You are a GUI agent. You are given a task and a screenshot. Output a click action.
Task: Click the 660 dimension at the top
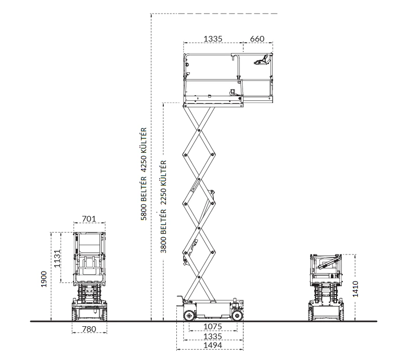click(x=257, y=39)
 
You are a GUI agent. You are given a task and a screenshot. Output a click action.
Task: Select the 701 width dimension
click(x=89, y=218)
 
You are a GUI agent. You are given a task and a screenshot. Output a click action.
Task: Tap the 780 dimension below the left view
click(x=89, y=329)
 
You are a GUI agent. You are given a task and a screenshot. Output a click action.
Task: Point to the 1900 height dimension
click(x=44, y=279)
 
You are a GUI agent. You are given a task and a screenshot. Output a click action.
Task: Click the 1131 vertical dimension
click(x=57, y=259)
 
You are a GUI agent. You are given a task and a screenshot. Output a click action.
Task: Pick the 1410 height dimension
click(x=355, y=289)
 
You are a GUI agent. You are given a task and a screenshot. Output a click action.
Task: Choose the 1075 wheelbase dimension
click(x=213, y=327)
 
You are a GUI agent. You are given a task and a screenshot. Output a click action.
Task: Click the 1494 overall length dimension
click(x=213, y=345)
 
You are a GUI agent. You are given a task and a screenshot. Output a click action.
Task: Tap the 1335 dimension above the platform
click(x=213, y=39)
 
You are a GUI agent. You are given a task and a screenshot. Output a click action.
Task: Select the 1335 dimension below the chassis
click(x=213, y=336)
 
